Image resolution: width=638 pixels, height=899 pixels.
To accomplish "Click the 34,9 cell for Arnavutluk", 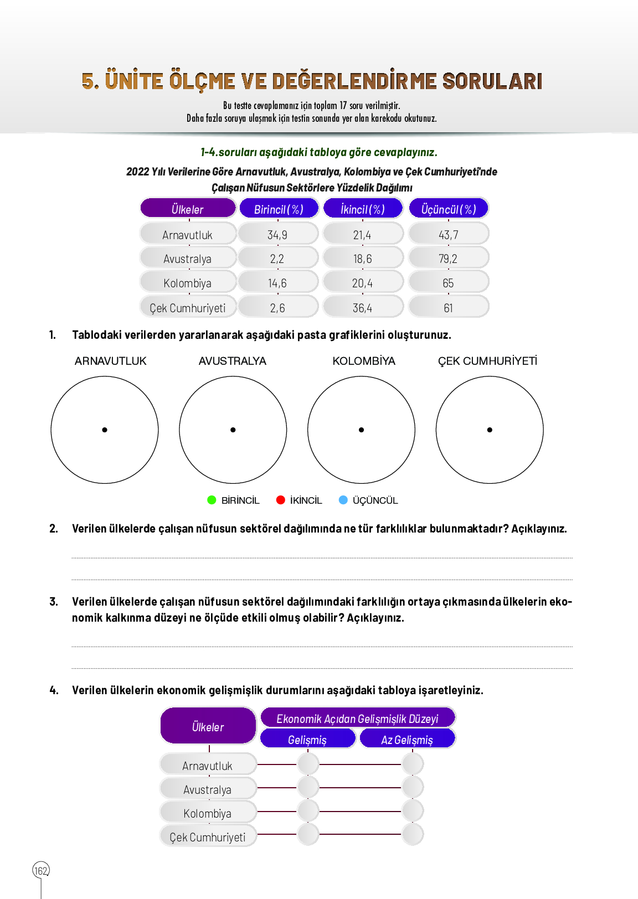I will pos(277,235).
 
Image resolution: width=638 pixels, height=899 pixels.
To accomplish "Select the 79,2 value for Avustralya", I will pos(448,259).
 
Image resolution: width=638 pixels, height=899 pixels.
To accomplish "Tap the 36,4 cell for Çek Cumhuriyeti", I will pos(362,308).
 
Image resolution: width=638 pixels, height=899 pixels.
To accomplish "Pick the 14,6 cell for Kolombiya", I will pos(277,283).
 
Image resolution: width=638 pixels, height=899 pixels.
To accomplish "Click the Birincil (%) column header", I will pos(279,209).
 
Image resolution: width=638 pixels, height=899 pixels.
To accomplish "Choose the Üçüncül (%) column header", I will pos(449,209).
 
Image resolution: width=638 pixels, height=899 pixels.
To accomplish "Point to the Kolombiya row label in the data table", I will pos(188,283).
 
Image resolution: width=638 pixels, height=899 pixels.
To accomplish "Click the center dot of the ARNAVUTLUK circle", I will pos(105,430).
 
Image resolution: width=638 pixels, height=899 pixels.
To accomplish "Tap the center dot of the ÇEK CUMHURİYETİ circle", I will pos(490,430).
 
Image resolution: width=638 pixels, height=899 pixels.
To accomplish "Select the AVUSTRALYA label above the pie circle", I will pos(233,361).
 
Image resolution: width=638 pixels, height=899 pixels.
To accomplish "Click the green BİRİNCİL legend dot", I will pos(212,500).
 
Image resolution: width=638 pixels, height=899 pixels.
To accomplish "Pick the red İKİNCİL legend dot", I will pos(281,500).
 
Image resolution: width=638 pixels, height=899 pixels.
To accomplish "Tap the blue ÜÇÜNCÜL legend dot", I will pos(343,500).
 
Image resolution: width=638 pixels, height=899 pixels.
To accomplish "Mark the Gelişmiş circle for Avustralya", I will pos(308,787).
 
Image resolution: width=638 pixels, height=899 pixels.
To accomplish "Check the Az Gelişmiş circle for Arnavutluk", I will pos(413,764).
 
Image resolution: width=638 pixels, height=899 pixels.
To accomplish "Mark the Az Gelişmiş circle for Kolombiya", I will pos(413,811).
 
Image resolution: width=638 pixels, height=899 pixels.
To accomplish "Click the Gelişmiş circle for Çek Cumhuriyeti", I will pos(308,834).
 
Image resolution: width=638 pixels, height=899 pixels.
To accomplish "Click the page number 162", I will pos(41,871).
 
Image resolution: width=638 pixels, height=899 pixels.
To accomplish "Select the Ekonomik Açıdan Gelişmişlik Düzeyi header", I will pos(357,719).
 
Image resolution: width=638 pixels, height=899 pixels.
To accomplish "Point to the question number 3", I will pos(54,602).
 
